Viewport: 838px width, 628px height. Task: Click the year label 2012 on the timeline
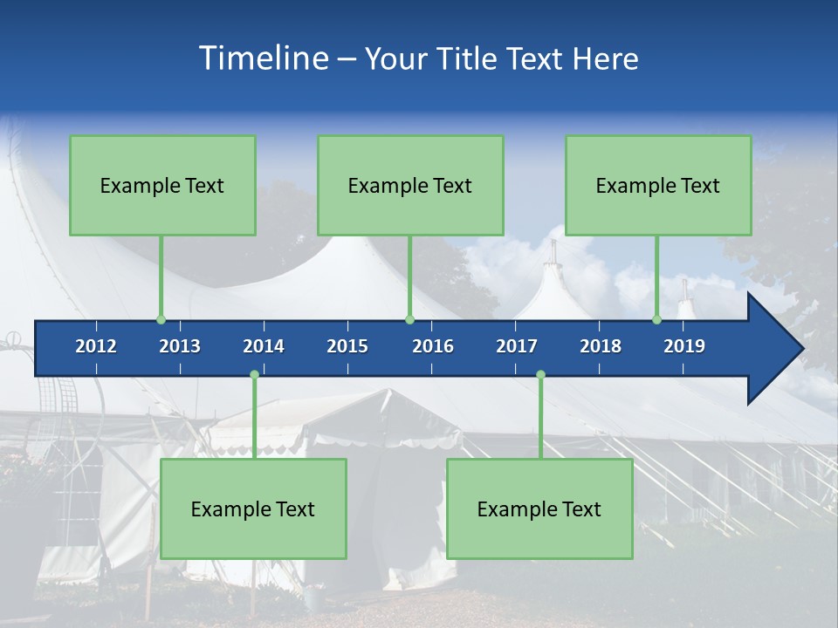96,346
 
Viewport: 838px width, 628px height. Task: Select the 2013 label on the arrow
180,346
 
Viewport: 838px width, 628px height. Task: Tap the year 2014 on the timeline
264,346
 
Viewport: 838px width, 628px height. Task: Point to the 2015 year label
347,346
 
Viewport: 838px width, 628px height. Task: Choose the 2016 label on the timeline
433,346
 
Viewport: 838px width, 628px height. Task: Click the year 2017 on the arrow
517,346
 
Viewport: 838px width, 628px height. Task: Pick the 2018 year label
601,346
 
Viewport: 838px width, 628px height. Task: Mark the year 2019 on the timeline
684,346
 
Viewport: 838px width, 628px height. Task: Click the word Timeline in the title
263,58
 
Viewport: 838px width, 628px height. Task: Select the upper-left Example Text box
162,185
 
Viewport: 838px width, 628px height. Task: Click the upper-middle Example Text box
410,185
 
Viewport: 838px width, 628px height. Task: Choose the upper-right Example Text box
658,185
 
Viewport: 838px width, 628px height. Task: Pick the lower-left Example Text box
253,509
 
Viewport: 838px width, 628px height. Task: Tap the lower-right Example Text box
539,509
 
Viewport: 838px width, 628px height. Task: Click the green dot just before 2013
161,320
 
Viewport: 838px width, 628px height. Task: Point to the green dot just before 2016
409,320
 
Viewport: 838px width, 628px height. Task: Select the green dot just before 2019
657,320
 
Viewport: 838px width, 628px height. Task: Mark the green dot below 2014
254,375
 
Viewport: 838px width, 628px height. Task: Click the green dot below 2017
540,375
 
